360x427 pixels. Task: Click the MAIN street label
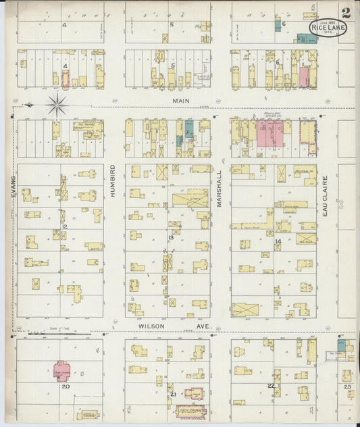pos(180,101)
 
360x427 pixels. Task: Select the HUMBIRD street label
pos(113,180)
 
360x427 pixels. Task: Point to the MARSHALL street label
pos(220,187)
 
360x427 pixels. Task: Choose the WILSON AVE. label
pos(176,326)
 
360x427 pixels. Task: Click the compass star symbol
pos(57,105)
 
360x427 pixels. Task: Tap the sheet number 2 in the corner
pos(346,12)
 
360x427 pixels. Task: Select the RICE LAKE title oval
pos(327,27)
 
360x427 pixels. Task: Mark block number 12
pos(64,227)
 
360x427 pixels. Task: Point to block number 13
pos(171,237)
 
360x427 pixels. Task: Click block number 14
pos(277,241)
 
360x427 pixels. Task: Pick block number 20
pos(66,387)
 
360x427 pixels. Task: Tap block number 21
pos(173,394)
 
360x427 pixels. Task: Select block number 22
pos(271,386)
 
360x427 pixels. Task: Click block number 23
pos(347,387)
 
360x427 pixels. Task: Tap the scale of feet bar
pos(61,333)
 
